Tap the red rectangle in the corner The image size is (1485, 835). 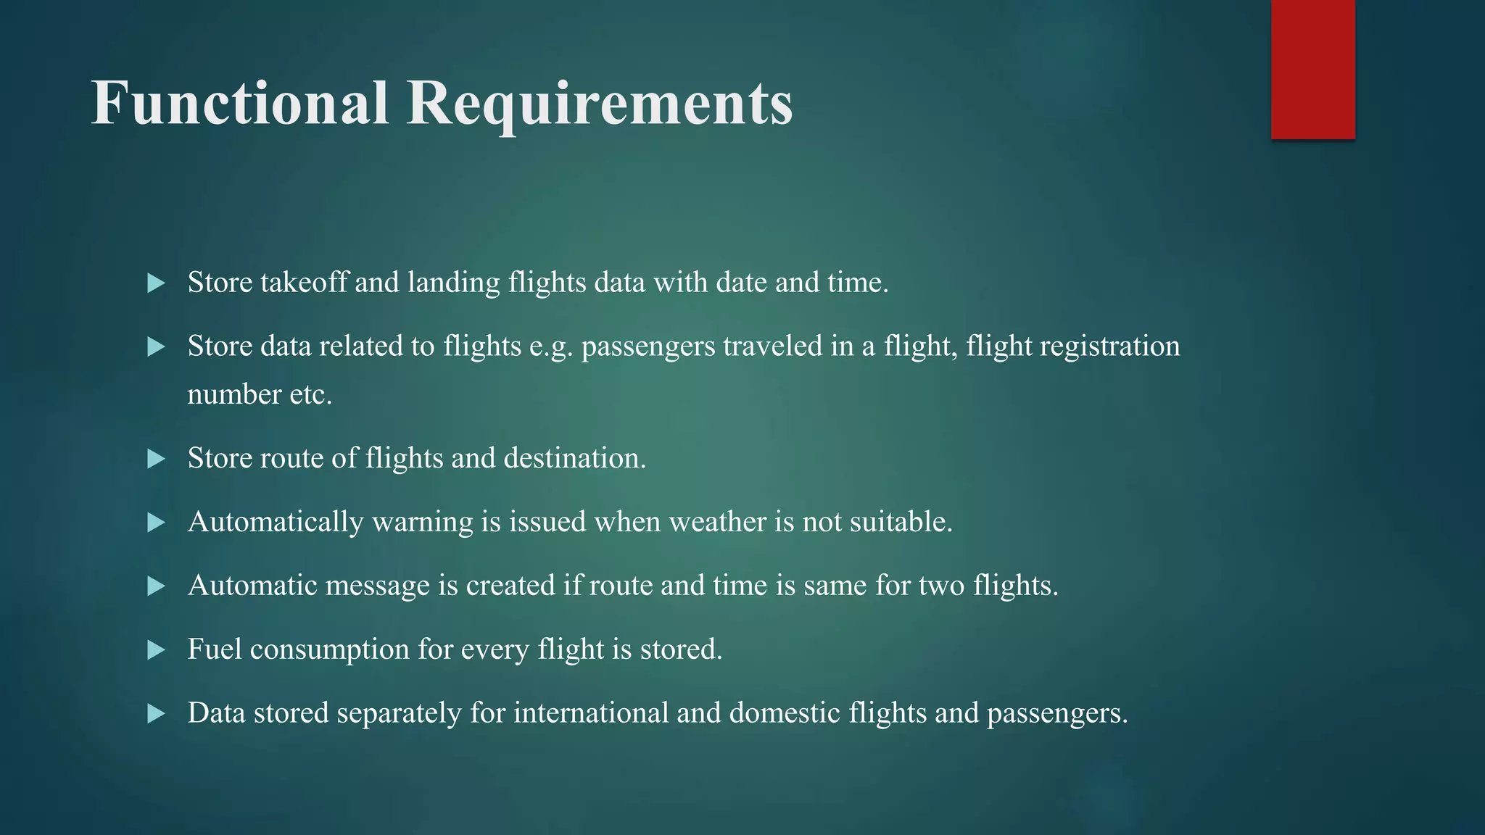click(x=1312, y=70)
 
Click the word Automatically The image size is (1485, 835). click(x=276, y=522)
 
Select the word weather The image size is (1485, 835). click(x=717, y=522)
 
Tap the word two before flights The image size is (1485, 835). click(x=941, y=586)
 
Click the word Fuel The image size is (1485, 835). click(x=215, y=649)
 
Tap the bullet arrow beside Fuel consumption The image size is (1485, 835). click(x=156, y=649)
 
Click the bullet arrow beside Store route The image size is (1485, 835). click(x=156, y=459)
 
